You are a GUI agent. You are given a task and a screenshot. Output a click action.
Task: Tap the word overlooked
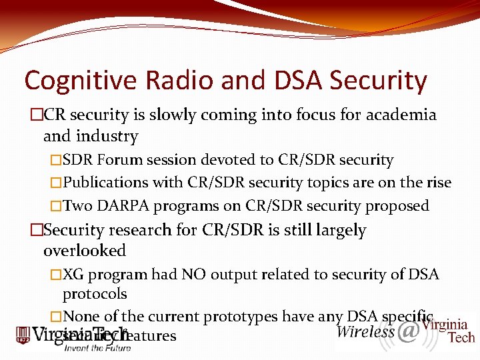[85, 251]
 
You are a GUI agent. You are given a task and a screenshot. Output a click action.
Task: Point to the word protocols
[95, 294]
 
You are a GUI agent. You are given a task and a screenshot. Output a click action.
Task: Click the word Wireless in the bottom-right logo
[365, 331]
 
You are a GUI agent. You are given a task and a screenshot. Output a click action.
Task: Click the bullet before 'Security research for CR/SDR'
[36, 231]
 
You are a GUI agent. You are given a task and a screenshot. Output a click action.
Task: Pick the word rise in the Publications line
[438, 183]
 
